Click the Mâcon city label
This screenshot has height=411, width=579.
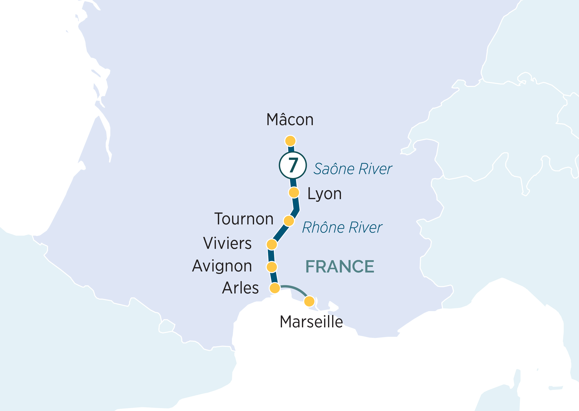[x=290, y=120]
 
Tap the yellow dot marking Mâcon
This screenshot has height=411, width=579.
[x=290, y=141]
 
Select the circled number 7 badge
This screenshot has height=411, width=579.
[x=293, y=165]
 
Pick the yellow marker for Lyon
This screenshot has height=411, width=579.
[x=294, y=193]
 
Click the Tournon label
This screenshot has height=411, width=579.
[x=244, y=219]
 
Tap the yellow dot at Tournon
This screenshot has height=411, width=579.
[x=289, y=221]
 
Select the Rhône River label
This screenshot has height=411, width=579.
[x=342, y=227]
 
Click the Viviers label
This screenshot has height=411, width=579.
[x=227, y=244]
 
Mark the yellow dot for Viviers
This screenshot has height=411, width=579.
[x=272, y=245]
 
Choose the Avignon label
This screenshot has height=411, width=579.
[x=222, y=266]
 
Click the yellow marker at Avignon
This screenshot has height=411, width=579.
[x=272, y=267]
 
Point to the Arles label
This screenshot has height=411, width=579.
[x=240, y=288]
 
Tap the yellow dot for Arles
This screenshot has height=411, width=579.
[x=275, y=288]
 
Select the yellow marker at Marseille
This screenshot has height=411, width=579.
[x=309, y=301]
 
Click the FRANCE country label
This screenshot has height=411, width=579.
[x=340, y=267]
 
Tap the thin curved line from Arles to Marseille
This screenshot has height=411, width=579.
[x=295, y=289]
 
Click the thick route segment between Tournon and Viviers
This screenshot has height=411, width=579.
[x=280, y=233]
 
